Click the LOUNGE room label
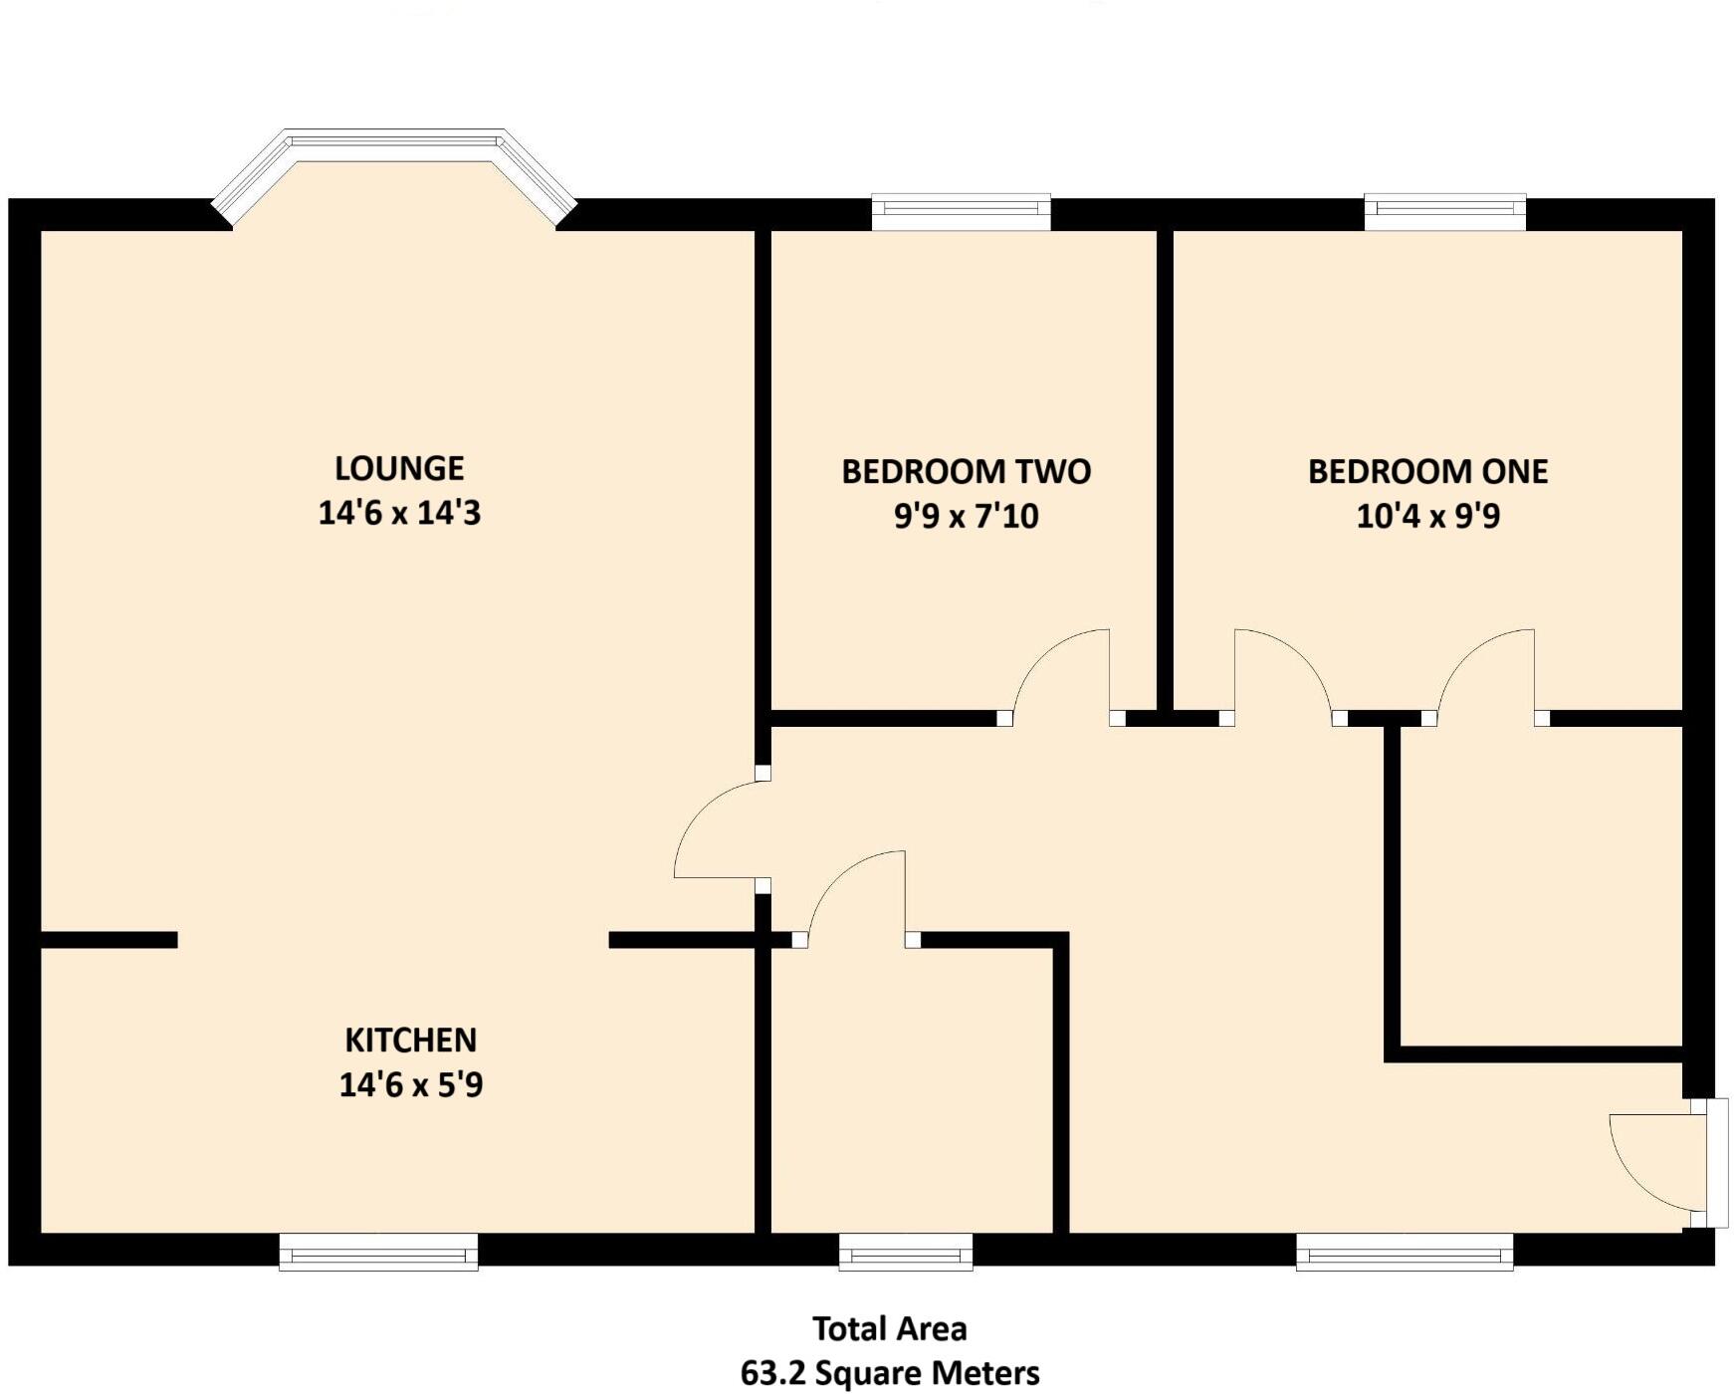pyautogui.click(x=399, y=468)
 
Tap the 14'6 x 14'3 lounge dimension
pyautogui.click(x=399, y=513)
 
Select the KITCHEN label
pyautogui.click(x=410, y=1040)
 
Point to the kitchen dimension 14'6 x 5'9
pyautogui.click(x=410, y=1084)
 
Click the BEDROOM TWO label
pyautogui.click(x=966, y=471)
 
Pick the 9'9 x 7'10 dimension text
pyautogui.click(x=966, y=516)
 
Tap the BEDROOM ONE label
pyautogui.click(x=1427, y=471)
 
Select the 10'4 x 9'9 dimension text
pyautogui.click(x=1427, y=516)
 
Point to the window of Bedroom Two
pyautogui.click(x=961, y=211)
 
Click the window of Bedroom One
pyautogui.click(x=1444, y=211)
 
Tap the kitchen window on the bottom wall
pyautogui.click(x=378, y=1252)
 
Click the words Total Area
pyautogui.click(x=889, y=1328)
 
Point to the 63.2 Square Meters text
pyautogui.click(x=889, y=1373)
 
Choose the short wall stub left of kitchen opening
pyautogui.click(x=108, y=939)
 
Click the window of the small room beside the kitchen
pyautogui.click(x=905, y=1252)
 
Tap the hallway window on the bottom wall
pyautogui.click(x=1405, y=1252)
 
